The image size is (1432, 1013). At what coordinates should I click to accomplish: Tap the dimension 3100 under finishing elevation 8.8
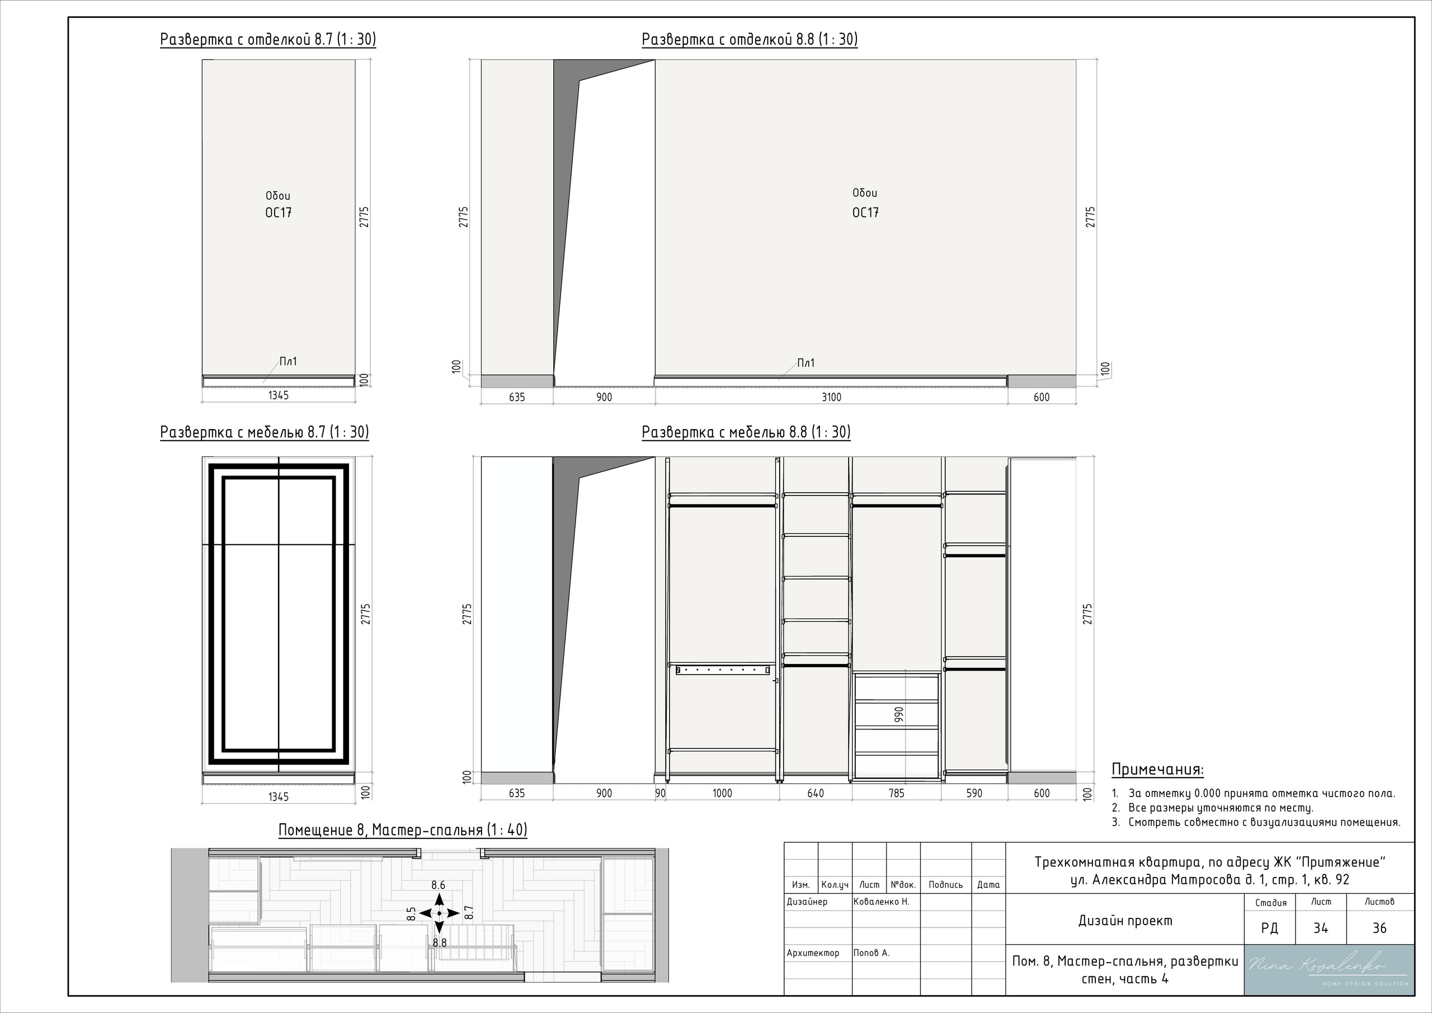831,397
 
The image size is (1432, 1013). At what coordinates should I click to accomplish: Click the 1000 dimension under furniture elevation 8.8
722,793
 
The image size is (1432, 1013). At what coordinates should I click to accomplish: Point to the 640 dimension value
815,793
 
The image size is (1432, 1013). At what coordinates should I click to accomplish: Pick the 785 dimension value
896,793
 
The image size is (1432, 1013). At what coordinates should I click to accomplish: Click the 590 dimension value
973,793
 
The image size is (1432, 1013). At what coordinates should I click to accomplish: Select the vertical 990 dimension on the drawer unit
899,715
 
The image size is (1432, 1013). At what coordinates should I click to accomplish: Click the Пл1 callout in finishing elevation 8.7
288,361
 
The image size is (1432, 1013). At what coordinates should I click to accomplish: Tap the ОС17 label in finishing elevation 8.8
865,213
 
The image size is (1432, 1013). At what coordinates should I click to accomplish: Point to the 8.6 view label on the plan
439,885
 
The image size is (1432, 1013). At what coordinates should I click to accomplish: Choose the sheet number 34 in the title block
1320,928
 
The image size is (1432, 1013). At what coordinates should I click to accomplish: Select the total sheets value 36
1379,928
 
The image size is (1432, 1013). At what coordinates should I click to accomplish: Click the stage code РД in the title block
1269,928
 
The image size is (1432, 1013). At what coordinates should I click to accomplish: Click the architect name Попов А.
872,953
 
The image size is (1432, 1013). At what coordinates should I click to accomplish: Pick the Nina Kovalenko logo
1329,970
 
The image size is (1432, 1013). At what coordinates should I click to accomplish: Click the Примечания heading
1157,770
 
